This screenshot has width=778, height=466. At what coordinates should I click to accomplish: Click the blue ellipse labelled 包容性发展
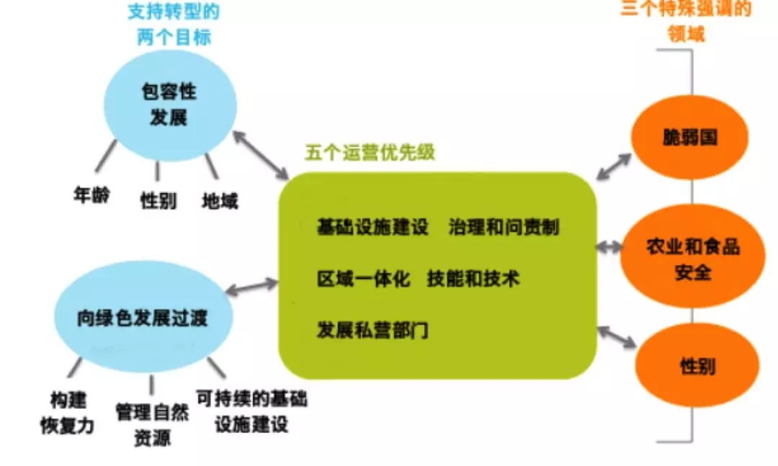tap(170, 105)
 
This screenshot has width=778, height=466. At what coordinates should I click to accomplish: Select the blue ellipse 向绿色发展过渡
tap(143, 317)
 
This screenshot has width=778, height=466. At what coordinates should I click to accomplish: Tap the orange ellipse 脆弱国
tap(689, 137)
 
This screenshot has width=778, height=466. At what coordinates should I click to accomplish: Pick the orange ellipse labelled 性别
tap(697, 366)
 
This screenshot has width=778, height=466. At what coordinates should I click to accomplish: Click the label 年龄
tap(91, 195)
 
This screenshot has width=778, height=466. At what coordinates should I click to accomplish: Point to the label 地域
tap(220, 201)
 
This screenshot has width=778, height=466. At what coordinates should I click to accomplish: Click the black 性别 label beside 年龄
tap(158, 201)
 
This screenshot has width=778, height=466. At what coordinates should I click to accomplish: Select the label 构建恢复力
tap(68, 413)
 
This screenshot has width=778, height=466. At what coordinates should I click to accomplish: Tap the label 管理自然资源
tap(152, 425)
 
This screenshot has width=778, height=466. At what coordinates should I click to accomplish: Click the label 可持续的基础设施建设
tap(251, 411)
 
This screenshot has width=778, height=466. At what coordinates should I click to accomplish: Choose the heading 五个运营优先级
tap(370, 153)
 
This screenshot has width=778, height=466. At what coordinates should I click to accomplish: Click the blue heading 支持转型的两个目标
tap(174, 24)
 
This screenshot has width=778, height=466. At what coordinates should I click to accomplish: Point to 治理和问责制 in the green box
tap(504, 228)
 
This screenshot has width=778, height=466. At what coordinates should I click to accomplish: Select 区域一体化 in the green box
tap(364, 279)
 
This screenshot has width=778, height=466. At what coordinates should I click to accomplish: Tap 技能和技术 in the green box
tap(473, 279)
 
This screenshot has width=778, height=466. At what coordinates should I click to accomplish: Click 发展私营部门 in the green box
tap(372, 330)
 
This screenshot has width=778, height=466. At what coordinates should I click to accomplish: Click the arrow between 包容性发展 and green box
tap(261, 155)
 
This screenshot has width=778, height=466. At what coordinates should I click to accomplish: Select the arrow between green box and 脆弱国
tap(614, 167)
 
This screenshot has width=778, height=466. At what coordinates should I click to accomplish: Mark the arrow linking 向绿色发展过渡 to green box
tap(251, 287)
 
